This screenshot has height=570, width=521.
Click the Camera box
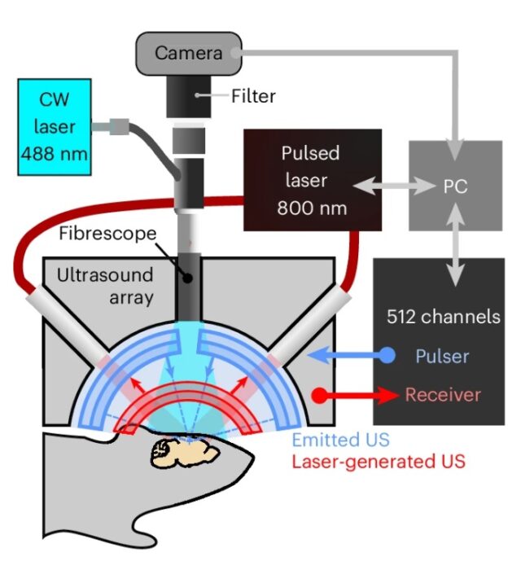click(189, 53)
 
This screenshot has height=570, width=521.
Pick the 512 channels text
click(444, 317)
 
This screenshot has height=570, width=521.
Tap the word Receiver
click(443, 395)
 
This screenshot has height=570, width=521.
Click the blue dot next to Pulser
click(387, 356)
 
